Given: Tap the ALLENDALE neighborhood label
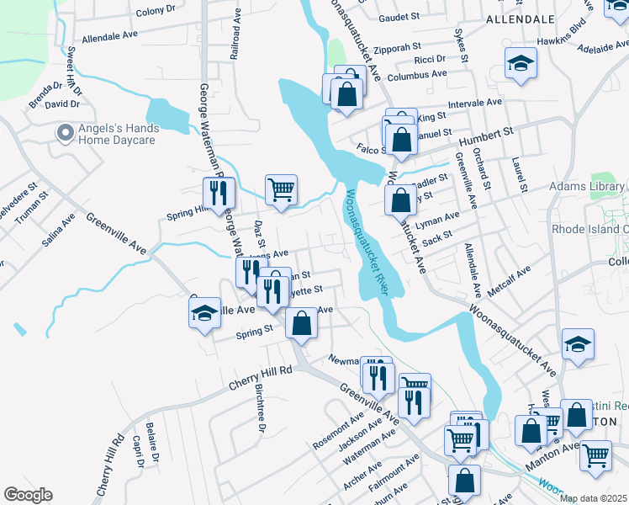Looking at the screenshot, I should point(521,19).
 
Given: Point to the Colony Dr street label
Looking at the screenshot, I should point(156,11).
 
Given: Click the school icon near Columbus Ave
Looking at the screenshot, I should point(521,64).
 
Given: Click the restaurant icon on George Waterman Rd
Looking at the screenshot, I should point(216,193).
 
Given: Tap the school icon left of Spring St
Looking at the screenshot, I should point(204,314).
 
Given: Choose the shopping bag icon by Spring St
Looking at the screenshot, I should point(301,323).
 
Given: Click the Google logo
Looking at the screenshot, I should point(28,495).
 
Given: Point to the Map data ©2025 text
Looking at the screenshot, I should point(594,498).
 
